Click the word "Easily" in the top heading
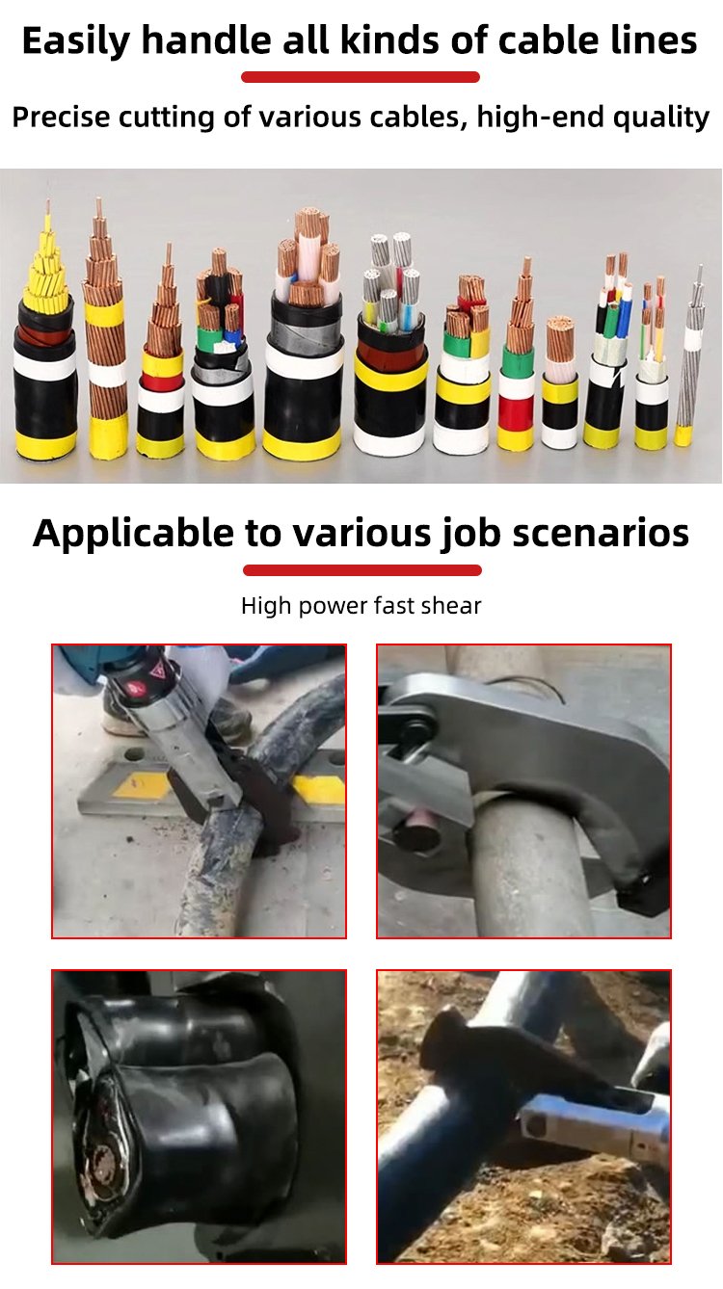pyautogui.click(x=76, y=41)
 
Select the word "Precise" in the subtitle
pyautogui.click(x=61, y=117)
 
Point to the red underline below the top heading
pyautogui.click(x=361, y=77)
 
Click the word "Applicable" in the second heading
pyautogui.click(x=134, y=534)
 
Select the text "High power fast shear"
pyautogui.click(x=361, y=605)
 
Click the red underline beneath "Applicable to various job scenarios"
pyautogui.click(x=362, y=570)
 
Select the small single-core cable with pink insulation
pyautogui.click(x=559, y=382)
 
